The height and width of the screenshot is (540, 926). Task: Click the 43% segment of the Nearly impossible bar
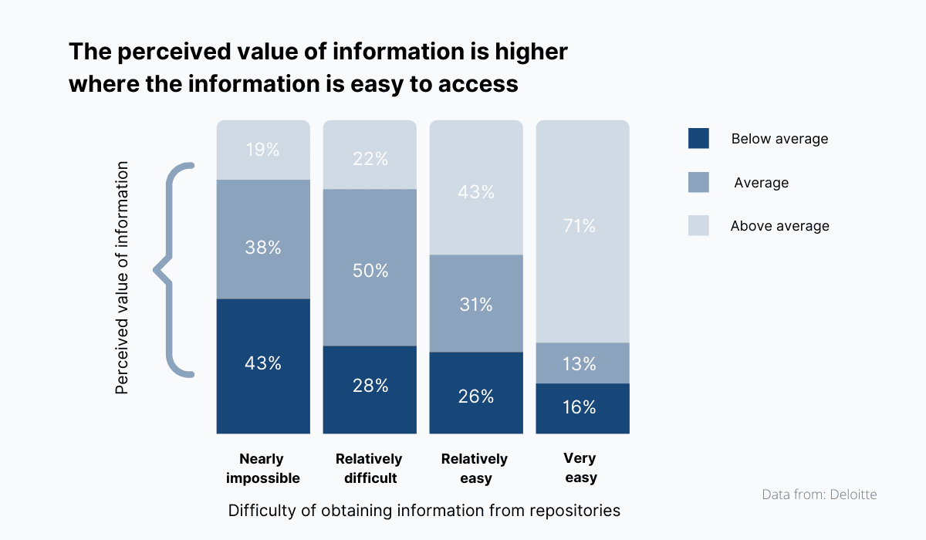(262, 366)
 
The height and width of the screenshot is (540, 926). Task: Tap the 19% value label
(262, 150)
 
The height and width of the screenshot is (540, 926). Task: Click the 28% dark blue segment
(370, 389)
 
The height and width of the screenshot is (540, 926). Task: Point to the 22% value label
(370, 160)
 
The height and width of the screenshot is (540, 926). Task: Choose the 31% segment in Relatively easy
(476, 303)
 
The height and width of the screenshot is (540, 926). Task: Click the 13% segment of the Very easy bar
(583, 363)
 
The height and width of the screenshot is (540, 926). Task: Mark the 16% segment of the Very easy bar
(583, 408)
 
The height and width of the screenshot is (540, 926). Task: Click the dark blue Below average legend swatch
(698, 139)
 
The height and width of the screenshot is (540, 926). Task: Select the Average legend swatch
(698, 183)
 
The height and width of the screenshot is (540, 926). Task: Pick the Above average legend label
(779, 226)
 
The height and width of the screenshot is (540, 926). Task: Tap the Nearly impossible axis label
(262, 468)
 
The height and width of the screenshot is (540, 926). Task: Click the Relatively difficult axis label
(369, 468)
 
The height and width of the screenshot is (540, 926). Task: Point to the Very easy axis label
(580, 468)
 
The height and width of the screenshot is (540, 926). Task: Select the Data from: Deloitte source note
(819, 494)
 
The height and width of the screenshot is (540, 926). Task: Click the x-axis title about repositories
(424, 511)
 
